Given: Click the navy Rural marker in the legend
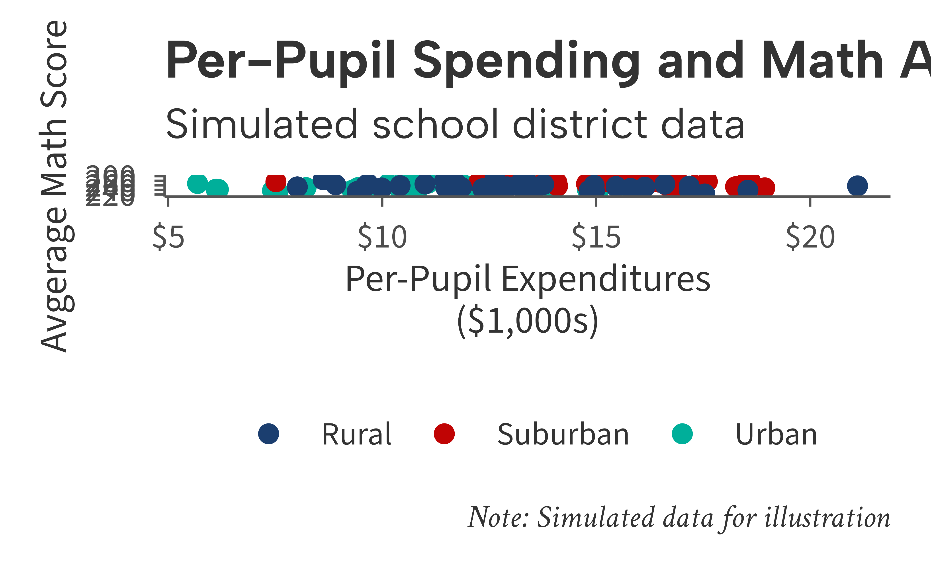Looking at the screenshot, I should [x=269, y=434].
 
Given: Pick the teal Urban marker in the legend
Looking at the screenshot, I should [x=682, y=434].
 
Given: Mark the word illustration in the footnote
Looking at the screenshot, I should [x=827, y=518].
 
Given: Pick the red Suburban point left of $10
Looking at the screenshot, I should [x=276, y=182].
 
